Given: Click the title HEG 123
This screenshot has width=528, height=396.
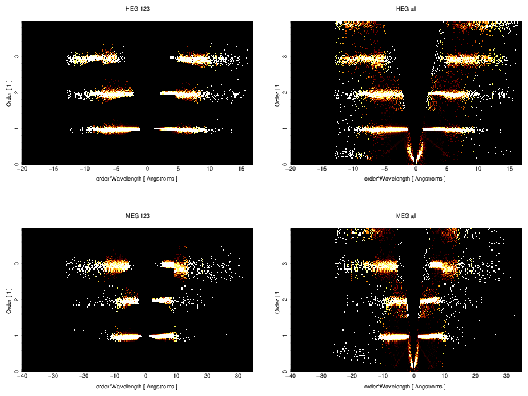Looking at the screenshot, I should [137, 9].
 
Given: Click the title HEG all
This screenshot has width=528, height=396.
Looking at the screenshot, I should [406, 9].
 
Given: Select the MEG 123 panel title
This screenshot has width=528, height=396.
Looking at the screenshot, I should [137, 216].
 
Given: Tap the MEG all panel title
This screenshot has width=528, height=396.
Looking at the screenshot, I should [406, 216].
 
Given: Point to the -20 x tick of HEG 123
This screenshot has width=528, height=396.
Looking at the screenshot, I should [22, 169].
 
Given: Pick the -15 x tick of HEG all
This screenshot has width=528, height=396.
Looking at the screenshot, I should [321, 169].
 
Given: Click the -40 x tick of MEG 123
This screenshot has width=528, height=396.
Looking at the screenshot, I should [22, 376].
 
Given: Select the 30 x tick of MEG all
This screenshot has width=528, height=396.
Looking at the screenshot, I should [507, 376].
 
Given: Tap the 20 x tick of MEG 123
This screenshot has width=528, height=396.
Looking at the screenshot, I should [207, 376].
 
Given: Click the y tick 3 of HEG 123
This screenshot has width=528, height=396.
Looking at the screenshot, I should [16, 57].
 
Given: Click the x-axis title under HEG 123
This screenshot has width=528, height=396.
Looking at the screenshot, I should [137, 179].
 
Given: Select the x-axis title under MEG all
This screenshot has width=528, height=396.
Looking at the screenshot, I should [406, 386].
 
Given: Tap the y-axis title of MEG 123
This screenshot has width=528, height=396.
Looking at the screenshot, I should [8, 300].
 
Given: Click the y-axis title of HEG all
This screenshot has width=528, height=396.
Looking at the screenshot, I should [277, 93].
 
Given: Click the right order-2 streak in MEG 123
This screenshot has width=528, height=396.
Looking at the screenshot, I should [162, 300].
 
